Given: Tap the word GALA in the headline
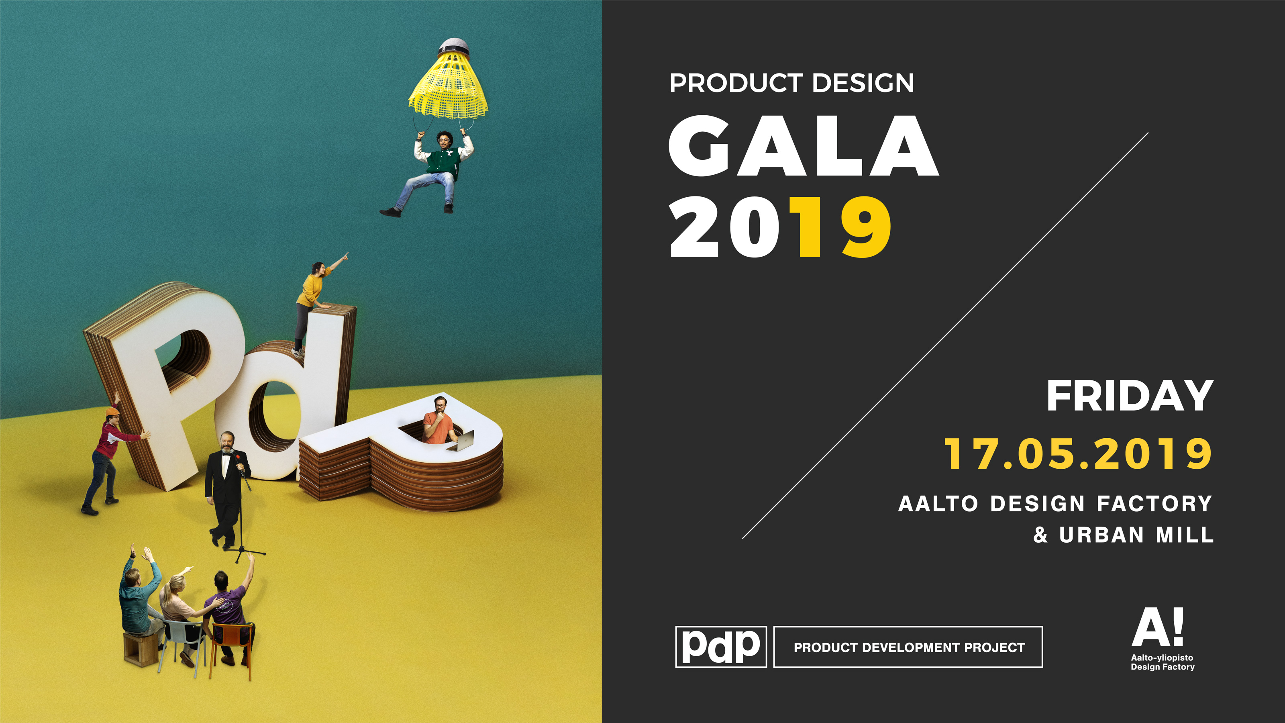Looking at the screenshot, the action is pos(804,146).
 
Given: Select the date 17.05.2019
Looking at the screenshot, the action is pos(1078,453).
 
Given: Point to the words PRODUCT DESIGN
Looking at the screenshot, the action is pos(791,83).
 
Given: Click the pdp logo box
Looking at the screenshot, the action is pos(721,647).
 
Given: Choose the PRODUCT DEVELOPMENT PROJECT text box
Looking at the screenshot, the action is pos(908,647).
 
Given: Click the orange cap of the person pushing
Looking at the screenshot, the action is pos(113,412).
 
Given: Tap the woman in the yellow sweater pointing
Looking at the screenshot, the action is pos(314,304).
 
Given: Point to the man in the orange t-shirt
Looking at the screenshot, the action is pos(438,421).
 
